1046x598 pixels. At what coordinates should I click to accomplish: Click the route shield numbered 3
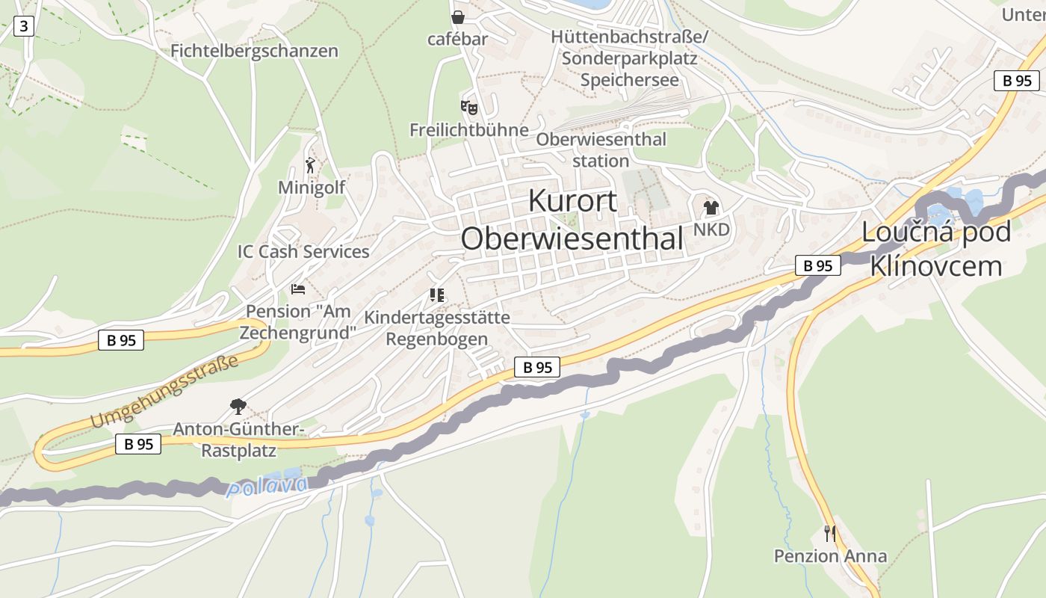click(x=24, y=27)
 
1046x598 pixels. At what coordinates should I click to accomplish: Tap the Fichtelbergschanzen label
click(x=254, y=51)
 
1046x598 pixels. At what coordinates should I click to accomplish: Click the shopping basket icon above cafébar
click(x=457, y=16)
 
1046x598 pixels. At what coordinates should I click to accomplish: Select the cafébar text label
click(x=457, y=39)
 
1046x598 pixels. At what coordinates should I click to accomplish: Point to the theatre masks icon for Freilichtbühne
click(x=468, y=108)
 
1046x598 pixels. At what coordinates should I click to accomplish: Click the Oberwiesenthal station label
click(x=601, y=149)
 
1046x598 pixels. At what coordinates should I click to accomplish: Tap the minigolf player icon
click(x=310, y=165)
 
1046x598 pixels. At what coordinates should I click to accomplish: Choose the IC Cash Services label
click(x=303, y=252)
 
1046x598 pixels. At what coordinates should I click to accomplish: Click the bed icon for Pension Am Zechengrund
click(x=298, y=289)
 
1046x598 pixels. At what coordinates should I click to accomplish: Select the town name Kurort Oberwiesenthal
click(x=572, y=220)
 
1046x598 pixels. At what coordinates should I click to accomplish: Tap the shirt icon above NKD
click(x=711, y=208)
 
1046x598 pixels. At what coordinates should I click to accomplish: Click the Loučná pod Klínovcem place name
click(x=936, y=248)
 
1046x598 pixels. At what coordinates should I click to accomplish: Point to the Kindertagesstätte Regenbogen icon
click(x=436, y=295)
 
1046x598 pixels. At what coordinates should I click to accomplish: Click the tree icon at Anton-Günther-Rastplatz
click(x=238, y=407)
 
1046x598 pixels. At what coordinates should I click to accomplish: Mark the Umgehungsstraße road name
click(x=164, y=392)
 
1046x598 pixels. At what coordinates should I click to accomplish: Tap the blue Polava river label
click(x=267, y=486)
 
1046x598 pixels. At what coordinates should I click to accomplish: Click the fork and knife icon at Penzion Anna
click(x=829, y=533)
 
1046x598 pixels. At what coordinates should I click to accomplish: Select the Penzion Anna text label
click(x=830, y=556)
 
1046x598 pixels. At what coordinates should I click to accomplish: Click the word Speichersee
click(x=630, y=80)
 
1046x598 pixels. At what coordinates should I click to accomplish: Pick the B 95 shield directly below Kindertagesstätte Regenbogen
click(x=536, y=367)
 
